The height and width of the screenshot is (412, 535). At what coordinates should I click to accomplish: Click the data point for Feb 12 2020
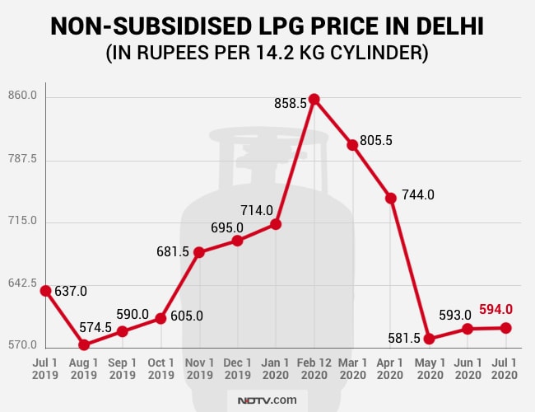click(314, 100)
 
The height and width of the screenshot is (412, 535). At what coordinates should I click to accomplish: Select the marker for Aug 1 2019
click(84, 344)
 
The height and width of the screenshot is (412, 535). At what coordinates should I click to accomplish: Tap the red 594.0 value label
click(496, 309)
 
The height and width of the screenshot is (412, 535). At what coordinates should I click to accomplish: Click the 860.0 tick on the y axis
click(22, 96)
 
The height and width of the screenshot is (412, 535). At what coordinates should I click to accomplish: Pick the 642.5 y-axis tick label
click(22, 283)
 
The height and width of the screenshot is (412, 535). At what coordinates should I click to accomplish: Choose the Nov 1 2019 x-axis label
click(198, 369)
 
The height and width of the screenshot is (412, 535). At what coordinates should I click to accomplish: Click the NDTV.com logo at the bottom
click(267, 400)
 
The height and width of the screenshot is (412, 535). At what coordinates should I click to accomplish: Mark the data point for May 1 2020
click(429, 339)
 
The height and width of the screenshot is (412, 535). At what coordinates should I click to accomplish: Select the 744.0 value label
click(417, 195)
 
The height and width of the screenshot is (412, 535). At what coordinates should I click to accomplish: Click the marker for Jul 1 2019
click(45, 291)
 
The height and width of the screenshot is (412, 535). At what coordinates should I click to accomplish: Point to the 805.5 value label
click(376, 140)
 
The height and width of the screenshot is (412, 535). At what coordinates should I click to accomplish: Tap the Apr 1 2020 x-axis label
click(390, 369)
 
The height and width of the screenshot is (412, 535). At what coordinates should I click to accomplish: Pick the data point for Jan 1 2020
click(276, 224)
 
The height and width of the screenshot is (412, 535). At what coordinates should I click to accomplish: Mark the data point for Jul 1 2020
click(505, 328)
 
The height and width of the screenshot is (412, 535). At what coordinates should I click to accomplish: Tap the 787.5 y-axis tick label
click(22, 159)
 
